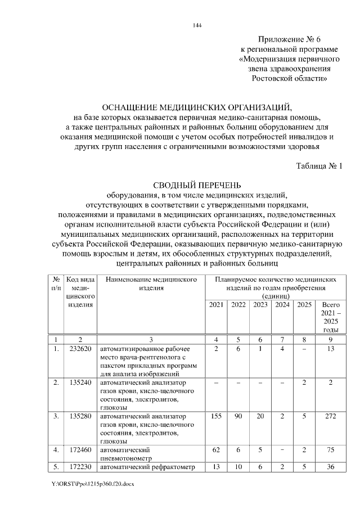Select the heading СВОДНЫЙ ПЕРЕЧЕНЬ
coord(197,184)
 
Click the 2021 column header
coord(216,304)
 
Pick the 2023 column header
coord(260,304)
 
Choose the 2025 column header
coord(304,304)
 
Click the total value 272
coord(331,416)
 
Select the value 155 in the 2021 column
coord(216,416)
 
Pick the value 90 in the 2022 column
coord(238,416)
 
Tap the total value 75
coord(331,450)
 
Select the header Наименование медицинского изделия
coord(151,284)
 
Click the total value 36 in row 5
coord(331,466)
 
